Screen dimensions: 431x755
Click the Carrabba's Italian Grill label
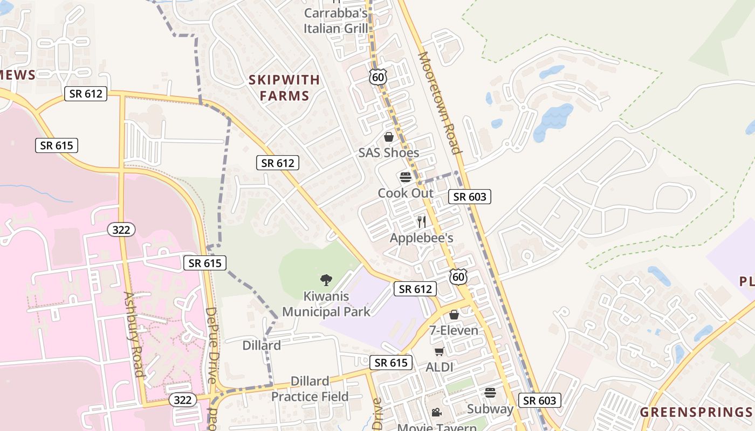pos(335,20)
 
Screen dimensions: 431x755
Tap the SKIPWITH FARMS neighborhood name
pos(284,88)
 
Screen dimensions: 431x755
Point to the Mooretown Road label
pos(440,102)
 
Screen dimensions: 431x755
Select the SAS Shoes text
pos(389,153)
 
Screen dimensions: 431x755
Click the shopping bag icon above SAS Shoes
pos(389,137)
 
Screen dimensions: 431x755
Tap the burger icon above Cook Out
pos(406,177)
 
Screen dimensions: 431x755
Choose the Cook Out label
pos(406,193)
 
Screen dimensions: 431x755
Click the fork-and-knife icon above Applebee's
pos(422,221)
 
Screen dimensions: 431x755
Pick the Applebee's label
pos(421,238)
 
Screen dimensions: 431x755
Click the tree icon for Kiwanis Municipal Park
pos(326,280)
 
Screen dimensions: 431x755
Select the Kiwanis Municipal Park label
pos(326,304)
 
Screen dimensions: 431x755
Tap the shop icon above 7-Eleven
pos(454,315)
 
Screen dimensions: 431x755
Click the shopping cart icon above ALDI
pos(439,352)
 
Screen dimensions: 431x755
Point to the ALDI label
pos(440,367)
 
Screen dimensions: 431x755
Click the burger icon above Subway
pos(490,393)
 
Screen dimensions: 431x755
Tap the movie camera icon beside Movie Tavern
pos(436,413)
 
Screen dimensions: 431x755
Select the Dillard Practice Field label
pos(310,389)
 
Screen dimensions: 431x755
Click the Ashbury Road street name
pos(133,334)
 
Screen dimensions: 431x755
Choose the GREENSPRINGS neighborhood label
pos(696,413)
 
